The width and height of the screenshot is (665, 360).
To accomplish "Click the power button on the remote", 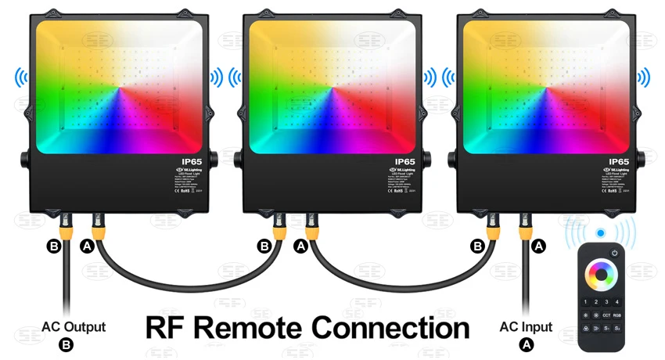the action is (x=615, y=253).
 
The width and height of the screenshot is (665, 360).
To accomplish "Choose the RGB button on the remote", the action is (x=618, y=315).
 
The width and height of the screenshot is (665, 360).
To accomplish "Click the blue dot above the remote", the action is (x=600, y=233).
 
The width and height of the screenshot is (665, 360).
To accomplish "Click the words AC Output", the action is (x=74, y=327).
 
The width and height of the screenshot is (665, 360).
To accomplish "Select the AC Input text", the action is (x=526, y=327).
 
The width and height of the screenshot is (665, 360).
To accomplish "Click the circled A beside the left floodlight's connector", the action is (x=86, y=247).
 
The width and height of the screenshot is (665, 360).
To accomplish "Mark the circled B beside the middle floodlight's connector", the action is (x=264, y=247).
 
